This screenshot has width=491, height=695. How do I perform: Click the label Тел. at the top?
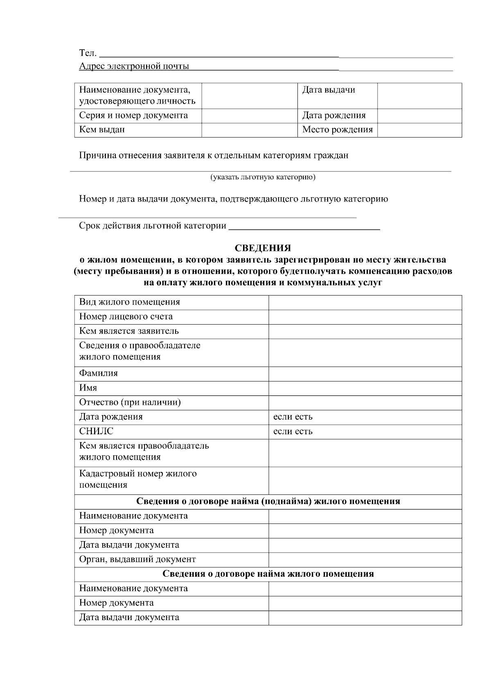(88, 53)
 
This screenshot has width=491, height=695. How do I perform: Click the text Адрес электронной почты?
(134, 66)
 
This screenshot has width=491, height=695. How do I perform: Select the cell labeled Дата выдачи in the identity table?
(329, 90)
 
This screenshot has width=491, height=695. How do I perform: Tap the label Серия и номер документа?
(133, 115)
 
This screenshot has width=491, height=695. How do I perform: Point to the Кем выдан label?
(102, 130)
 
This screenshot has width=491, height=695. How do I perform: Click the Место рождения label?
(337, 130)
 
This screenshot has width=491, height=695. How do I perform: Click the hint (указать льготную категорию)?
(263, 177)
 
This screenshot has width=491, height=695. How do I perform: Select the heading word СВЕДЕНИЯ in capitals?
(263, 248)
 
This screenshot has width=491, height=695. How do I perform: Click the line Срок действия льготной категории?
(153, 226)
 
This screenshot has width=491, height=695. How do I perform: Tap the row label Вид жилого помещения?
(129, 302)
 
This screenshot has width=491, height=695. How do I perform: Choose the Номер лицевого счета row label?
(126, 316)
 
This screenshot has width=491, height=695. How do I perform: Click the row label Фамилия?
(98, 373)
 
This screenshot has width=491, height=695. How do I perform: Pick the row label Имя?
(88, 388)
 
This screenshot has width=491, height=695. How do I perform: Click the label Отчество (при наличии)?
(130, 402)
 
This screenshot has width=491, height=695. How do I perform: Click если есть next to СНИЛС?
(293, 431)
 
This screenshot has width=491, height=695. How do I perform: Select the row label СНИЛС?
(96, 431)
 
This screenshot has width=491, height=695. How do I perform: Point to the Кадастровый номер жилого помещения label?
(137, 479)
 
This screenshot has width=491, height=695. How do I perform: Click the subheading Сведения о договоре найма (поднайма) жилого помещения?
(268, 501)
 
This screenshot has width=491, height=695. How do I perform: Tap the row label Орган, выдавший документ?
(137, 560)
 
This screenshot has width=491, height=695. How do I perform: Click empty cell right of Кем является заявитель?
(365, 331)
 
